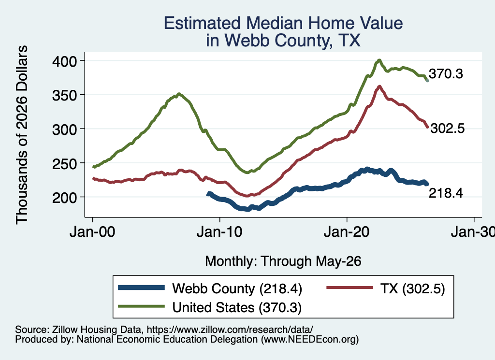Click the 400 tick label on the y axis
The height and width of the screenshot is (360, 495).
pos(64,61)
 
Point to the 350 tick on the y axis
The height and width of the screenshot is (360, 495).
pos(64,95)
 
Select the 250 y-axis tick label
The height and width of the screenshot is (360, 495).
pos(64,163)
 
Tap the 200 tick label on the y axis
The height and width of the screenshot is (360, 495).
pos(64,198)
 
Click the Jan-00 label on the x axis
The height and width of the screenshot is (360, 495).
pos(92,232)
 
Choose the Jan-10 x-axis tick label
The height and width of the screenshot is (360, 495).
pos(219,232)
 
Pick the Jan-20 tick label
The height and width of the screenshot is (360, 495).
pos(347,232)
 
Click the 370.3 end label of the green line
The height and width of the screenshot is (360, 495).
pos(446,74)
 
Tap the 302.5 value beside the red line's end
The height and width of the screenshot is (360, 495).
pos(448,129)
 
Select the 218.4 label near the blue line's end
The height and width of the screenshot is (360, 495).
pos(446,193)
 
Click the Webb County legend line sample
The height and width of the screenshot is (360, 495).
pos(142,288)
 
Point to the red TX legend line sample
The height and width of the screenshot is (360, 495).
pos(350,288)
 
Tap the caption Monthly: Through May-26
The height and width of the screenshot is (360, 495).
pos(283,261)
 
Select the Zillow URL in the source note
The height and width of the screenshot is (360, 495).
pos(230,330)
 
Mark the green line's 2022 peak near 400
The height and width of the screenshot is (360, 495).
pos(379,60)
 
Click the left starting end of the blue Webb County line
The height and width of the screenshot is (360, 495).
pos(208,194)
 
